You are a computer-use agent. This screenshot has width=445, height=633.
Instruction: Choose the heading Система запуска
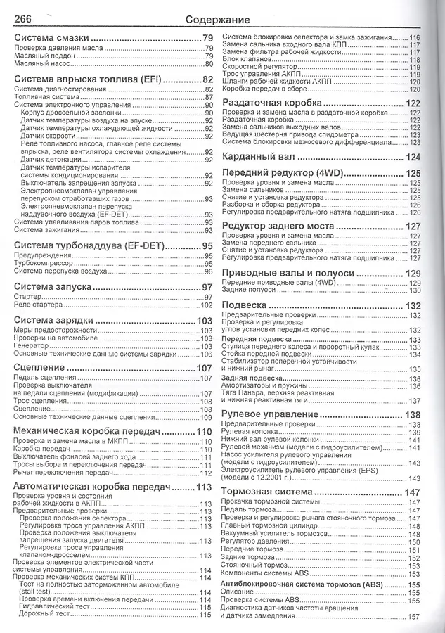pyautogui.click(x=53, y=287)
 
